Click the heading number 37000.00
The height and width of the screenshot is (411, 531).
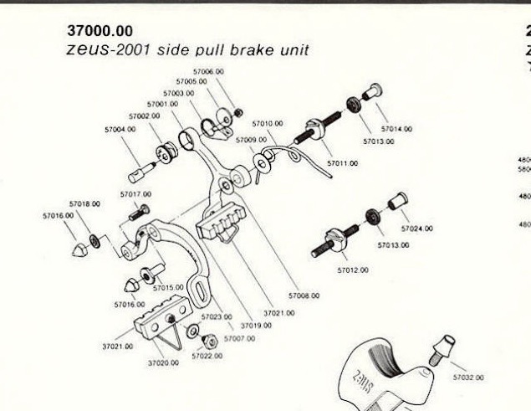point(99,31)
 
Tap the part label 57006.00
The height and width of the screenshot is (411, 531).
point(208,72)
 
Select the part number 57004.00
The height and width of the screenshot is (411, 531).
point(120,130)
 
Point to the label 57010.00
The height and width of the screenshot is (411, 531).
point(268,124)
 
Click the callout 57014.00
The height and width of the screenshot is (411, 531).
point(396,130)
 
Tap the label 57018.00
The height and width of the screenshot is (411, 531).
point(84,203)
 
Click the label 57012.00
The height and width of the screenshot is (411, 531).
point(354,270)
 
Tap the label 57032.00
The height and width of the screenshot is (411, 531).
point(468,378)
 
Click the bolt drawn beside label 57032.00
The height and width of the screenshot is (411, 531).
point(442,348)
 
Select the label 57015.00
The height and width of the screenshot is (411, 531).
point(169,287)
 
